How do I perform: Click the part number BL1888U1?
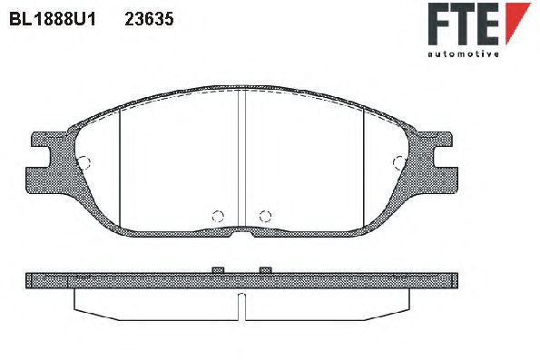(53, 18)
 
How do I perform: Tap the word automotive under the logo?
(463, 54)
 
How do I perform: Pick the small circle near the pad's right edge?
(398, 162)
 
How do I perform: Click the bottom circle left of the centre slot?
(217, 216)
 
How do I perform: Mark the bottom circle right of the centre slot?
(265, 216)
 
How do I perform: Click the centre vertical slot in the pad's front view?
(241, 159)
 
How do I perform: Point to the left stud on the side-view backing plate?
(217, 269)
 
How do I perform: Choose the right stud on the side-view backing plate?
(265, 269)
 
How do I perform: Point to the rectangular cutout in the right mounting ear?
(445, 163)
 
